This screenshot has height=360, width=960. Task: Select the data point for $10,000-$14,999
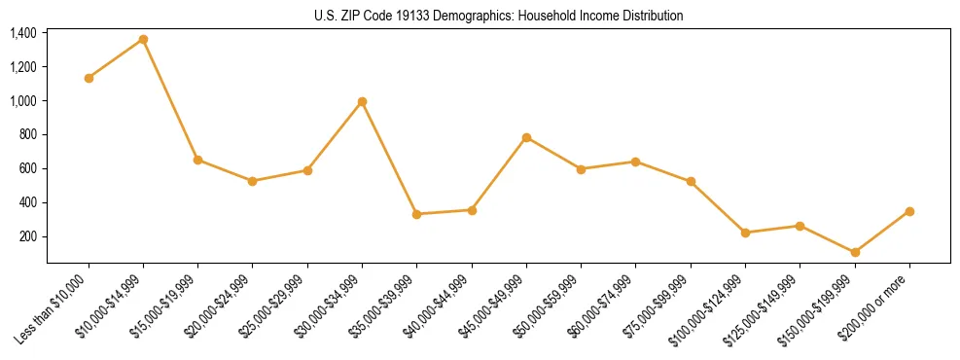coord(143,39)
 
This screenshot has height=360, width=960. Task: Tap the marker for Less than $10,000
coord(89,78)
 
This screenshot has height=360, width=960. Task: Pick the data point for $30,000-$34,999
coord(362,101)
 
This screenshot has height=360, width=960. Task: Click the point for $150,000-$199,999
coord(855,252)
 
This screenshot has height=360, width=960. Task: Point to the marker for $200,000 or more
coord(909,211)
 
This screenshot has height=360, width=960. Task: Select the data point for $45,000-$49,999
coord(526,137)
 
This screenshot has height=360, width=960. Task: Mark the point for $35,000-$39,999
coord(416,214)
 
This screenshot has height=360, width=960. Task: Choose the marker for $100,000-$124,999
coord(745,233)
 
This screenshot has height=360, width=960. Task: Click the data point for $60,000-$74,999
coord(635,162)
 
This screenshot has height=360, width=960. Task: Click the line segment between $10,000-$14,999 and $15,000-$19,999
coord(170,99)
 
